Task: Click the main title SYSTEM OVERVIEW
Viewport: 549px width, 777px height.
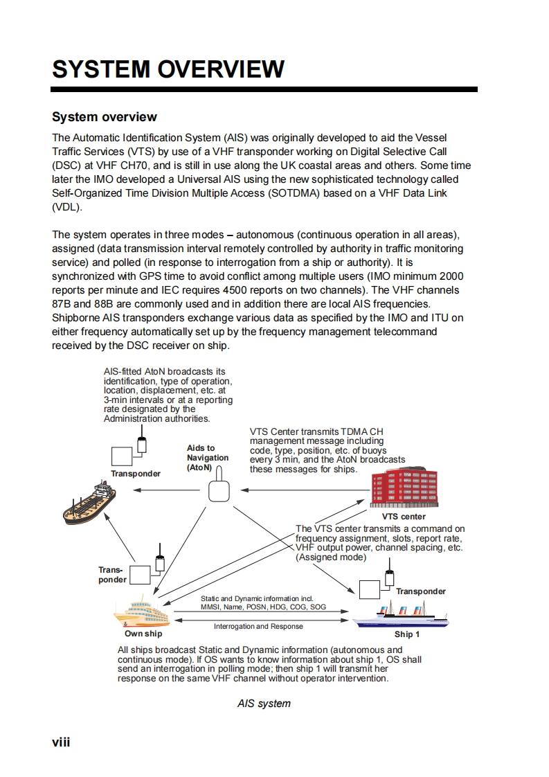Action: pyautogui.click(x=168, y=69)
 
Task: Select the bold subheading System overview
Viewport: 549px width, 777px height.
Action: pyautogui.click(x=105, y=117)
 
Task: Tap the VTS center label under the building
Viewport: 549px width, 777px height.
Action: pyautogui.click(x=404, y=517)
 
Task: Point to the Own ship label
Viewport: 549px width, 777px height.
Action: pyautogui.click(x=143, y=634)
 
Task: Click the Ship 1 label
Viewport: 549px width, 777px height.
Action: pyautogui.click(x=407, y=634)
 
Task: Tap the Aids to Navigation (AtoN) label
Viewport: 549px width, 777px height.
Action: pyautogui.click(x=207, y=458)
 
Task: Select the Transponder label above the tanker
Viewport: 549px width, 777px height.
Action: pyautogui.click(x=136, y=474)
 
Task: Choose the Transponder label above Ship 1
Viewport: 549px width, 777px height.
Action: pyautogui.click(x=421, y=591)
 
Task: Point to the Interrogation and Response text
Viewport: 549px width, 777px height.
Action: pyautogui.click(x=258, y=627)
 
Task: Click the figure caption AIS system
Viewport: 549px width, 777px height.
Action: pyautogui.click(x=264, y=704)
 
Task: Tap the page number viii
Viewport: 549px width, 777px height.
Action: pyautogui.click(x=62, y=742)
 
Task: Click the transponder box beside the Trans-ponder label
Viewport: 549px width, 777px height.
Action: pyautogui.click(x=141, y=575)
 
